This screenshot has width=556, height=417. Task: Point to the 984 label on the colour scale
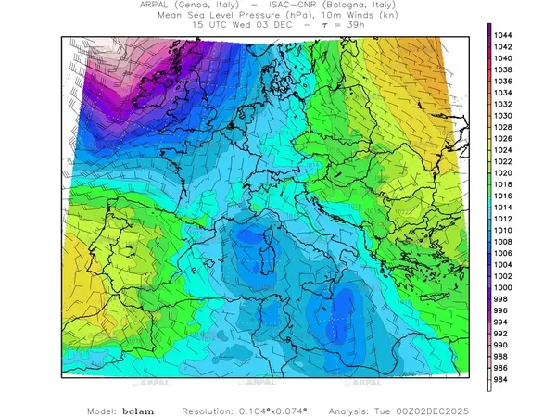506,380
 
